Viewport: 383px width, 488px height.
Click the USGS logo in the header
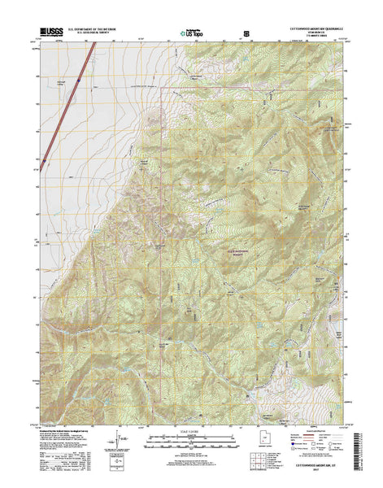point(47,33)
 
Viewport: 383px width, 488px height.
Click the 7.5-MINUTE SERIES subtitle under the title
point(313,37)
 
